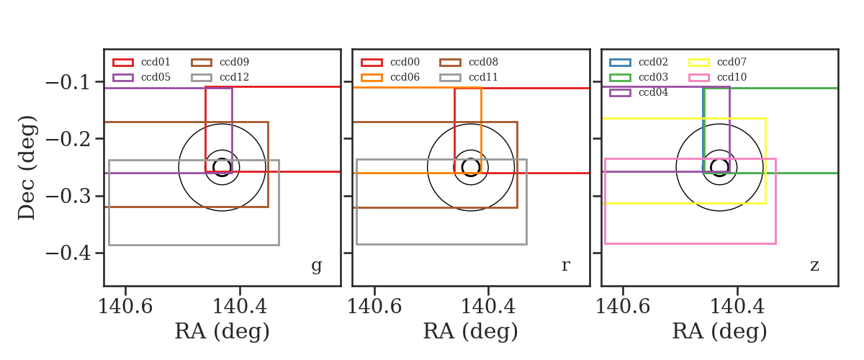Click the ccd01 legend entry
(156, 62)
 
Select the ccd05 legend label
(156, 77)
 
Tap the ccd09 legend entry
(234, 62)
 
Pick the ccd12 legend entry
(234, 77)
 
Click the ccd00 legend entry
(405, 62)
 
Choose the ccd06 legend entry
(405, 77)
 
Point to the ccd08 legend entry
(483, 62)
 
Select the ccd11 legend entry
(483, 77)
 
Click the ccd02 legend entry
(653, 62)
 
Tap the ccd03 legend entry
(653, 77)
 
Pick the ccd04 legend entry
(653, 93)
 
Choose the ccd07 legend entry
(732, 62)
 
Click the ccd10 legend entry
(732, 77)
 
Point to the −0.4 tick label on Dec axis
(68, 253)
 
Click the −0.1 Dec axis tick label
(68, 83)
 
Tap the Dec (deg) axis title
(27, 168)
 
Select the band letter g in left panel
(316, 266)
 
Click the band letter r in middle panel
(565, 265)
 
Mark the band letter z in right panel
(814, 266)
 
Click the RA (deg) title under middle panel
(471, 331)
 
